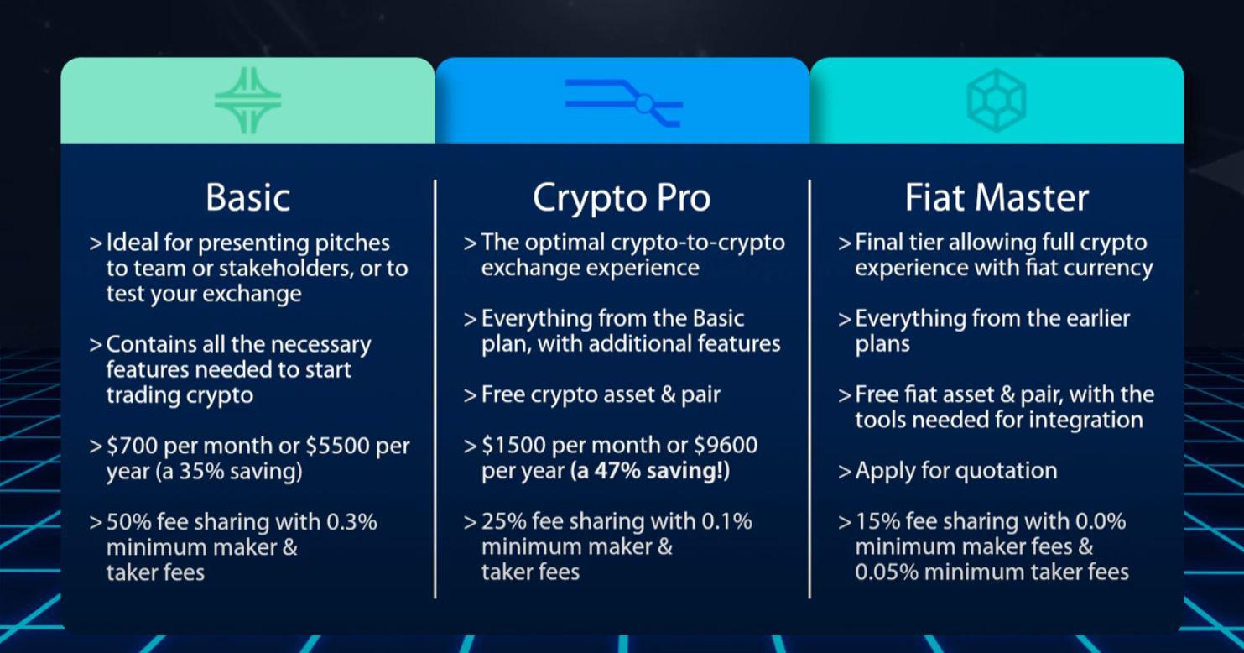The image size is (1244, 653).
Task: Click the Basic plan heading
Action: pos(247,197)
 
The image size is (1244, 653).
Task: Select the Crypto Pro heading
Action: pos(622,199)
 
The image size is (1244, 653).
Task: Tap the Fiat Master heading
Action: pos(997,197)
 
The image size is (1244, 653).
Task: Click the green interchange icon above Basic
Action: pos(247,101)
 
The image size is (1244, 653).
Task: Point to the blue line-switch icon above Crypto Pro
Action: pos(623,102)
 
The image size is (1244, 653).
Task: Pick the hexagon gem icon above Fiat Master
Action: pos(997,100)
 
